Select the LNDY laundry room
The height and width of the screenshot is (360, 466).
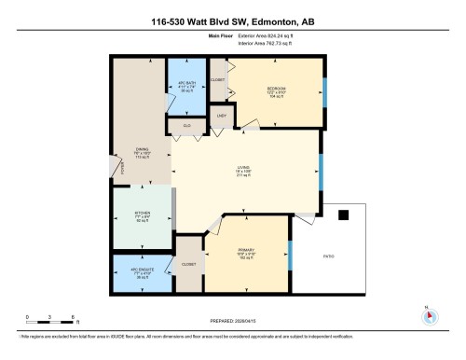pyautogui.click(x=222, y=115)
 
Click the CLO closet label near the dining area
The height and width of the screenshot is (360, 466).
pyautogui.click(x=187, y=124)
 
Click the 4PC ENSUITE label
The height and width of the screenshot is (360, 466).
pyautogui.click(x=141, y=272)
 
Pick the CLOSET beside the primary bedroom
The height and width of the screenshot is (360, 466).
pyautogui.click(x=189, y=264)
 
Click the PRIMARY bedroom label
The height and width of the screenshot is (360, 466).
pyautogui.click(x=247, y=253)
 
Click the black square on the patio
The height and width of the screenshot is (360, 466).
pyautogui.click(x=343, y=215)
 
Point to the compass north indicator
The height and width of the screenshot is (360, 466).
pyautogui.click(x=430, y=314)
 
